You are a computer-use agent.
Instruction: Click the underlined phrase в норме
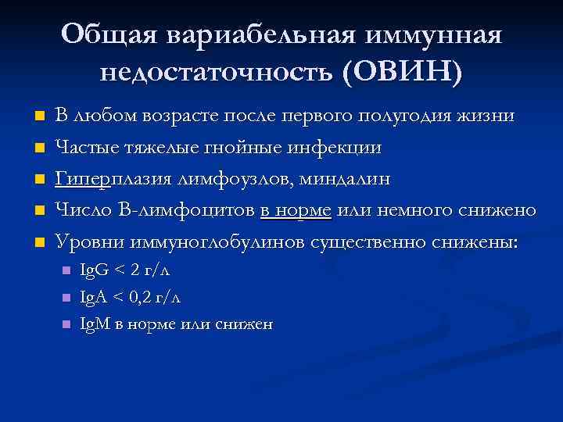coord(296,210)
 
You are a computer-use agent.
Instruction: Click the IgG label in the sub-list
coord(95,270)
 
